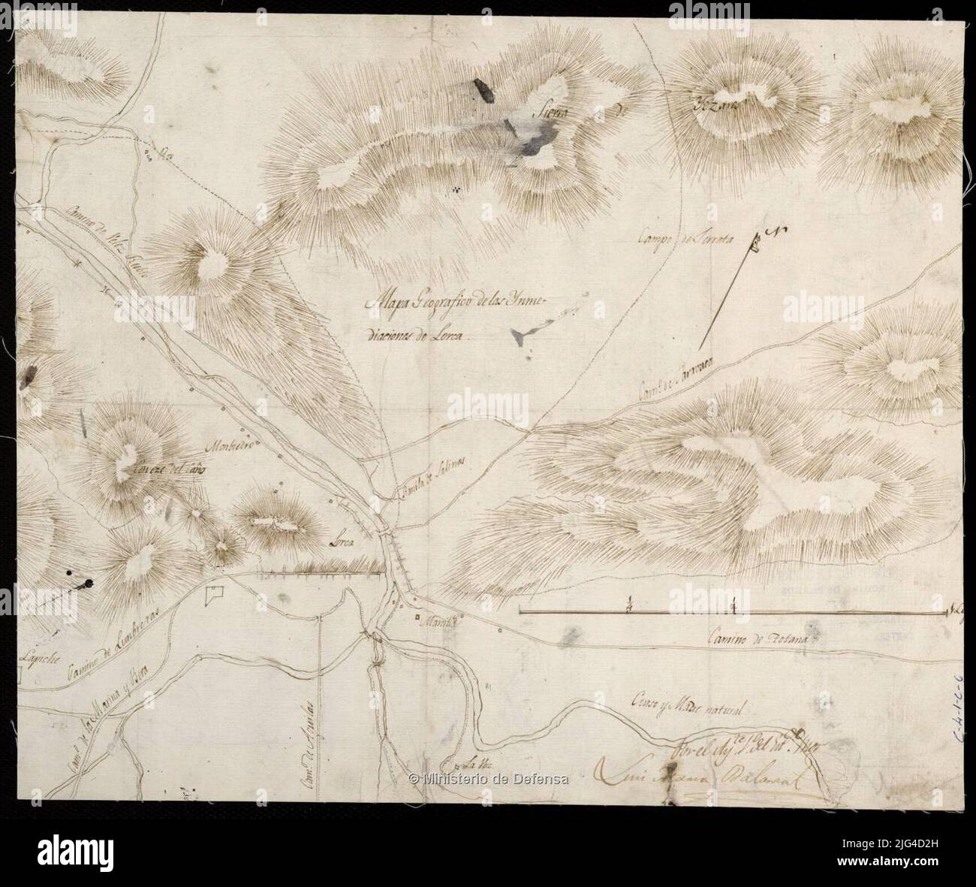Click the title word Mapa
click(384, 303)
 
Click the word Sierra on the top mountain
click(550, 114)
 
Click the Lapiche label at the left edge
click(38, 652)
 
